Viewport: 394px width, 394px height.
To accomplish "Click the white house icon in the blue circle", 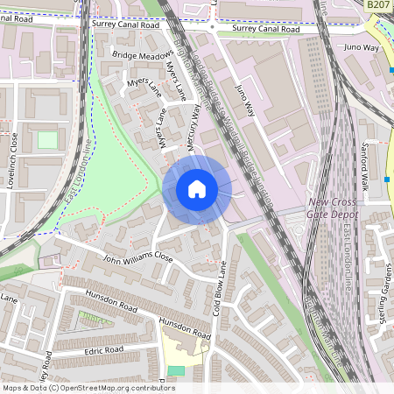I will pos(197,189).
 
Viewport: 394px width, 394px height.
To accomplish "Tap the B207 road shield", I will pos(378,5).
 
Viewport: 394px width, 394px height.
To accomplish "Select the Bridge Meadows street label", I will pos(143,54).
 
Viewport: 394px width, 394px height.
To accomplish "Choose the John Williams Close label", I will pos(138,259).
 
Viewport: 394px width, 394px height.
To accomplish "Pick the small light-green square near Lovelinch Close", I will pos(46,140).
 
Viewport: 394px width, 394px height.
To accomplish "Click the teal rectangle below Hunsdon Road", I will pos(177,370).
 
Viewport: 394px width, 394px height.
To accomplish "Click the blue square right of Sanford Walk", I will pos(386,179).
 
